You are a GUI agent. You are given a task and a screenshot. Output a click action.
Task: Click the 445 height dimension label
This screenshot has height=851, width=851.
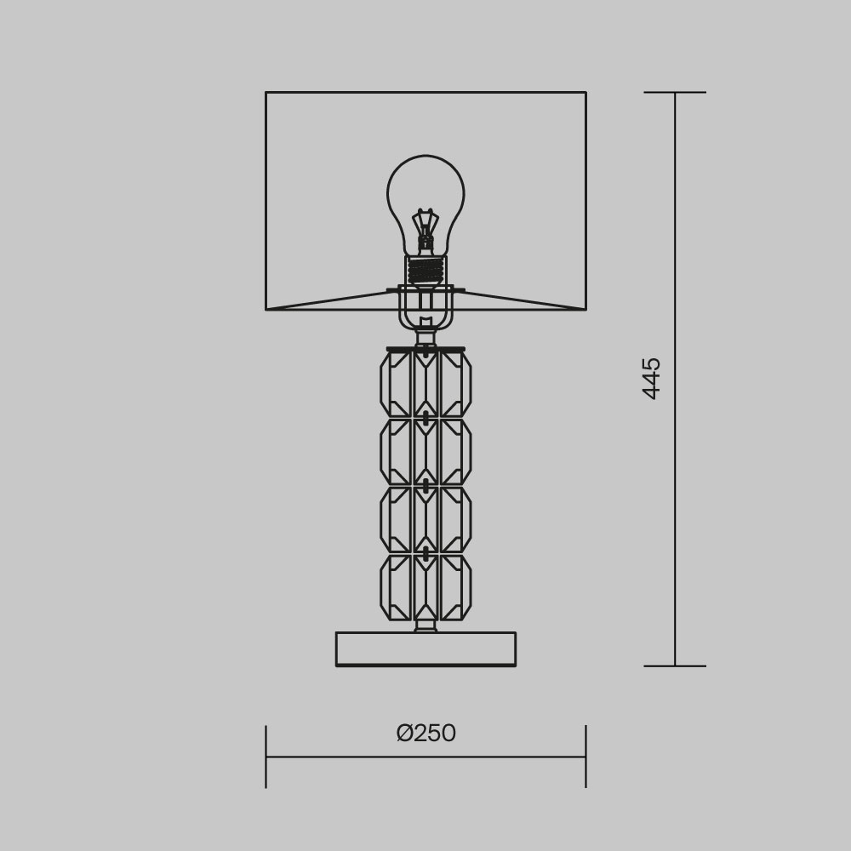point(651,378)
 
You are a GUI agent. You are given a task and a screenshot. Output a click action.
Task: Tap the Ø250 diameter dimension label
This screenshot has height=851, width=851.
point(426,733)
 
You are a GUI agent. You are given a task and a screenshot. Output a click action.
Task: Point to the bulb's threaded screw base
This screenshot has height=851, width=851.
point(425,271)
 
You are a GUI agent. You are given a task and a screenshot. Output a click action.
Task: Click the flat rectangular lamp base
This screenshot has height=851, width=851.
point(425,648)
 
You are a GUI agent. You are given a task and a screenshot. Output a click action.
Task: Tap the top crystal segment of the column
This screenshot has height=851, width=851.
point(425,384)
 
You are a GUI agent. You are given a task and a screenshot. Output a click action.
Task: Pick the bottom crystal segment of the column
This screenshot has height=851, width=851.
point(425,587)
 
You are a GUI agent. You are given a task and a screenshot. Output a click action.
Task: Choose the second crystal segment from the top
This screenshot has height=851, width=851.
point(425,452)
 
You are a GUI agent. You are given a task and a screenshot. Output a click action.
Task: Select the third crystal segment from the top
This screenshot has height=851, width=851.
point(425,519)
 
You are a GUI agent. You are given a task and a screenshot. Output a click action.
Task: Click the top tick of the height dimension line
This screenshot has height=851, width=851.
point(675,92)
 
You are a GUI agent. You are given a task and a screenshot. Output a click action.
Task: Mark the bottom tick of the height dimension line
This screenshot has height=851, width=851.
point(675,665)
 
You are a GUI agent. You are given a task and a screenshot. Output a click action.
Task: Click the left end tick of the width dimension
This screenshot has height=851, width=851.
point(266,756)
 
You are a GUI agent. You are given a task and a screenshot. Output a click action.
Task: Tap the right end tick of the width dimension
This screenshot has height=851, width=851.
point(585,756)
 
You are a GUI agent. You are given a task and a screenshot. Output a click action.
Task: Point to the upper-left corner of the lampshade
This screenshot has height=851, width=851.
point(266,93)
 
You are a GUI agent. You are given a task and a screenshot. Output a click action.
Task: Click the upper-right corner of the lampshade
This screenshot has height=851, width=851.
point(585,93)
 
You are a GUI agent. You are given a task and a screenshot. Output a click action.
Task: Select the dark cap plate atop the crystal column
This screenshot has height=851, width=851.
point(425,349)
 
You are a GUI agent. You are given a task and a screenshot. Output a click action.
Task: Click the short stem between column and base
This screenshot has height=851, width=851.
point(425,626)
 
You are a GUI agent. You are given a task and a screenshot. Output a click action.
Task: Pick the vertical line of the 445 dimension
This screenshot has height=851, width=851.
point(675,511)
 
